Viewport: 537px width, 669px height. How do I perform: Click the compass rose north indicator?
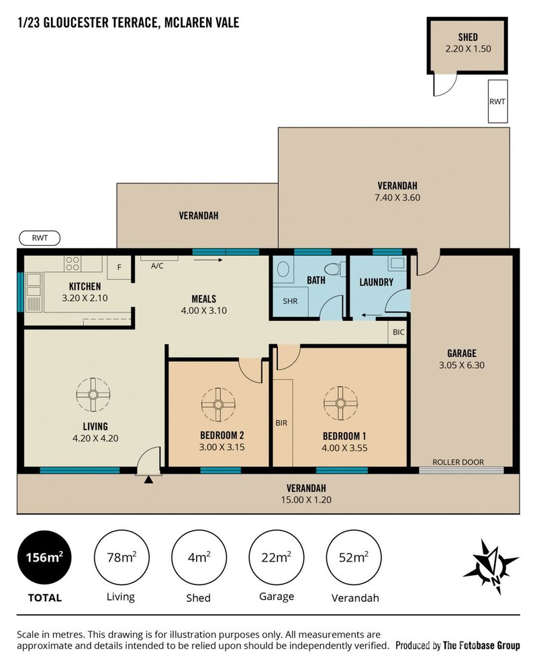click(491, 567)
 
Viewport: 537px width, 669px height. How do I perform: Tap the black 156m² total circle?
click(45, 557)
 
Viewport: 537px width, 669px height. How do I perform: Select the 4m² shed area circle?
click(199, 557)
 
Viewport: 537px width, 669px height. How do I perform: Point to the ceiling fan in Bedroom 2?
click(218, 405)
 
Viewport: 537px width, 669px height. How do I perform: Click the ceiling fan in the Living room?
click(93, 395)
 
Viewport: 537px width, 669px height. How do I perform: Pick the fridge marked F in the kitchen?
click(119, 268)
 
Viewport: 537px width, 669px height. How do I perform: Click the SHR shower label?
click(290, 301)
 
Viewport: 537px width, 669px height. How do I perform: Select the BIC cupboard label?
click(398, 332)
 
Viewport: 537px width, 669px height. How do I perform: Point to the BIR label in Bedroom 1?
click(281, 423)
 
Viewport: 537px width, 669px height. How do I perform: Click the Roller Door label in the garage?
click(458, 462)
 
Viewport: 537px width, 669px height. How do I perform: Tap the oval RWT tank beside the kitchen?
click(40, 238)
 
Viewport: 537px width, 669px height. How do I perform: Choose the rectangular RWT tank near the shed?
click(497, 101)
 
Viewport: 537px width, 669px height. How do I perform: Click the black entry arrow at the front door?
click(148, 480)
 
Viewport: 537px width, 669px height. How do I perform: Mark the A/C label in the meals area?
click(157, 266)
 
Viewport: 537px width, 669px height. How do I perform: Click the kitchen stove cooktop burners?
click(72, 263)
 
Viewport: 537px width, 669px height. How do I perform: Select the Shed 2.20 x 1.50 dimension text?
click(469, 48)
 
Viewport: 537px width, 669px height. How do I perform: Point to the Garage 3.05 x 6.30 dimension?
click(462, 365)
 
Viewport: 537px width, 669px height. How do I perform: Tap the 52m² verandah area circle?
click(354, 557)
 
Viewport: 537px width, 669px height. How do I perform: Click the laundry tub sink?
click(397, 263)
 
